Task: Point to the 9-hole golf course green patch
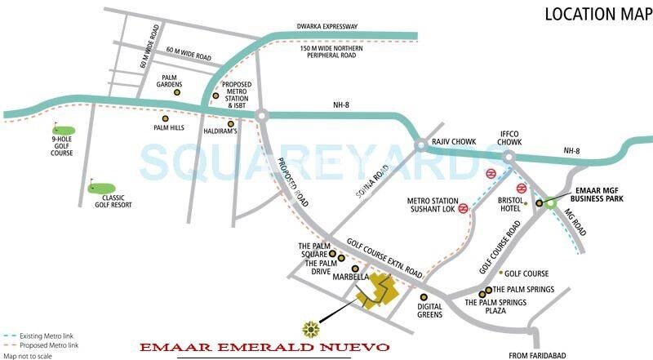[x=64, y=129]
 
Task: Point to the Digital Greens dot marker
[x=424, y=297]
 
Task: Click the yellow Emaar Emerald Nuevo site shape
[x=377, y=291]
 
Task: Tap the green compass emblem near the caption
[x=311, y=329]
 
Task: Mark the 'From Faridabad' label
[x=540, y=355]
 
